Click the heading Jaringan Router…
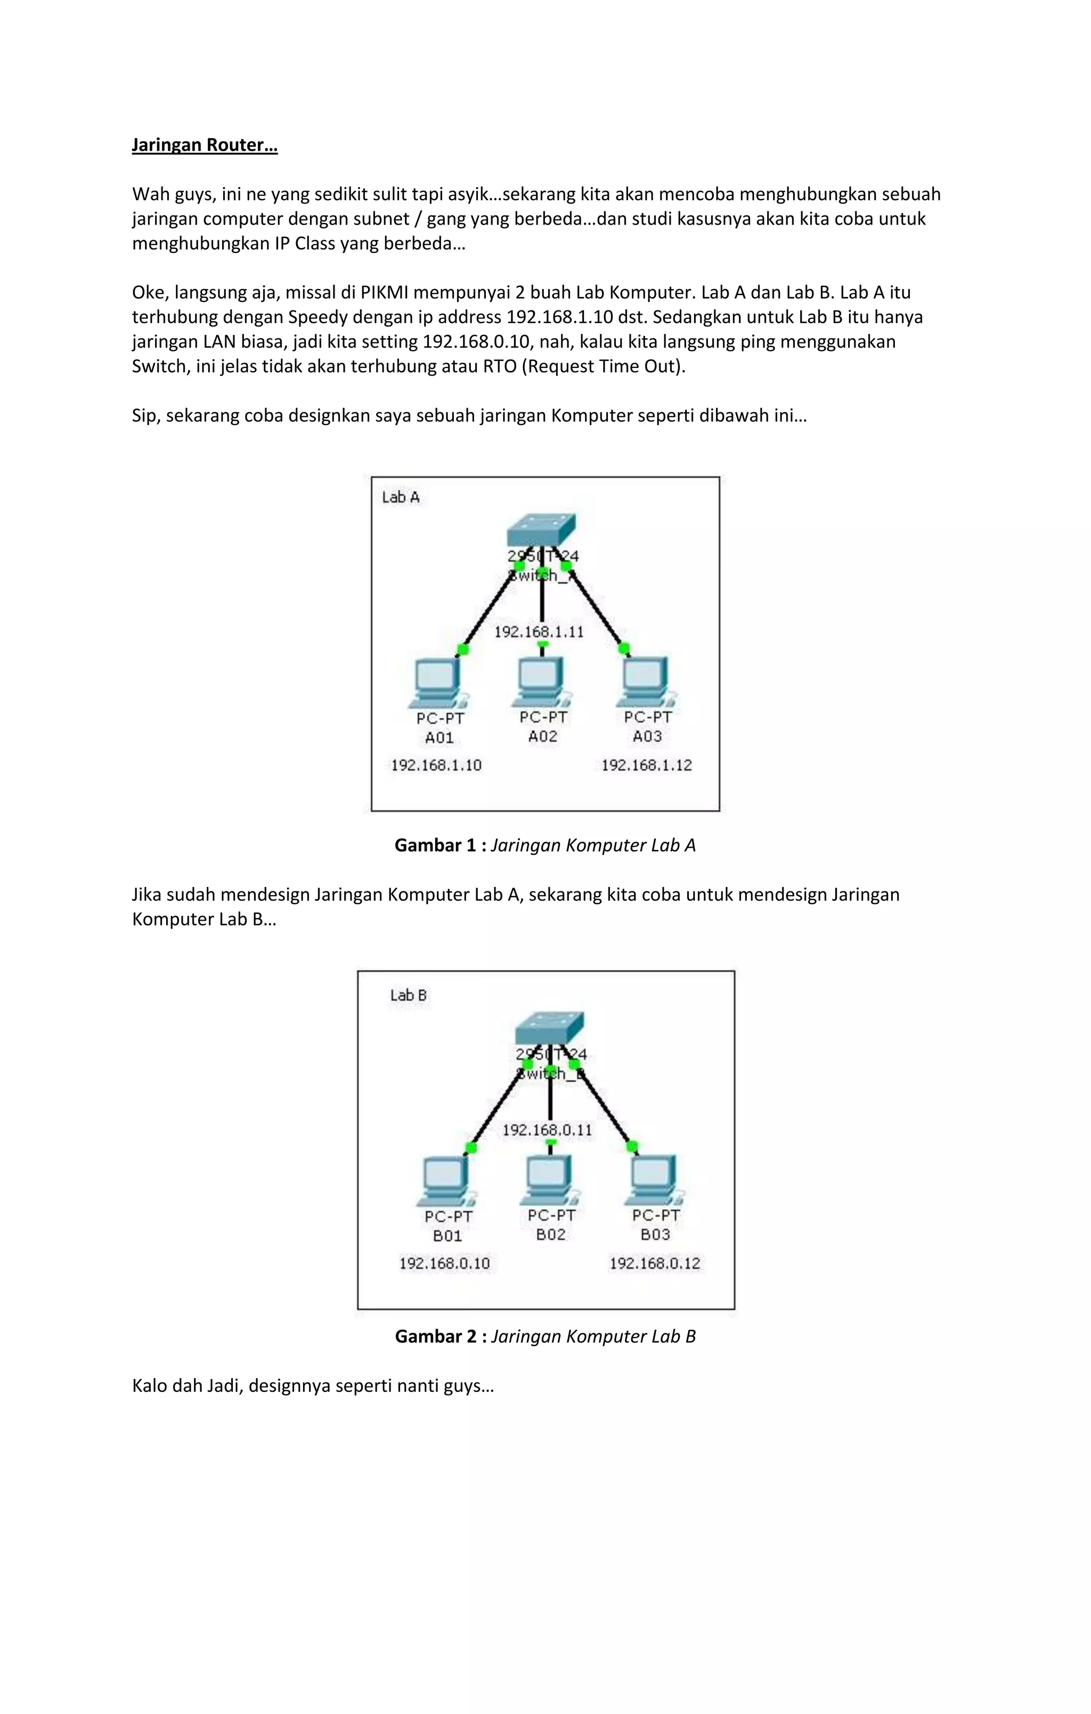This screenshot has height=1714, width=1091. click(x=205, y=145)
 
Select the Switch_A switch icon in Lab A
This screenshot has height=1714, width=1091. click(x=541, y=530)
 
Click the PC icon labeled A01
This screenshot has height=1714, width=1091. click(x=436, y=682)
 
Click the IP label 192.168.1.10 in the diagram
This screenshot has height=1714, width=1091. click(x=436, y=765)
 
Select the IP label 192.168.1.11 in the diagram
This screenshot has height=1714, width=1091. click(x=539, y=632)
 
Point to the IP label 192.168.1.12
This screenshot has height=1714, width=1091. click(x=647, y=765)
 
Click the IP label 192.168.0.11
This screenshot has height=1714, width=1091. click(x=548, y=1129)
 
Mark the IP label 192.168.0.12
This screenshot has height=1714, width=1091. click(x=655, y=1264)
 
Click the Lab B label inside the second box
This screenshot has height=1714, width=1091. click(x=408, y=996)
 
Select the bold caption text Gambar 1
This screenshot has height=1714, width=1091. click(x=436, y=846)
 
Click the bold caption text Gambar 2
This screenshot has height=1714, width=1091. click(x=436, y=1336)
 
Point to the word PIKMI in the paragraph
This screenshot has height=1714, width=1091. click(x=385, y=292)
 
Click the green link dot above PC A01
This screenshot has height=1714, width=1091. click(x=463, y=649)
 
